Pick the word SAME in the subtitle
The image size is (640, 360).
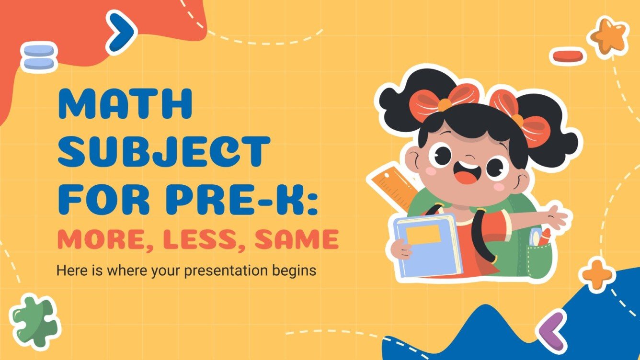point(297,239)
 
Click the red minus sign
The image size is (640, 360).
point(568,56)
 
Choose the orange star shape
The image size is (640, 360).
point(608,35)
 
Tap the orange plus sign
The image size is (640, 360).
point(596,274)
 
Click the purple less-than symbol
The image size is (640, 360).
point(550,330)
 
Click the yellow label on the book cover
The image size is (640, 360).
point(423,234)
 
